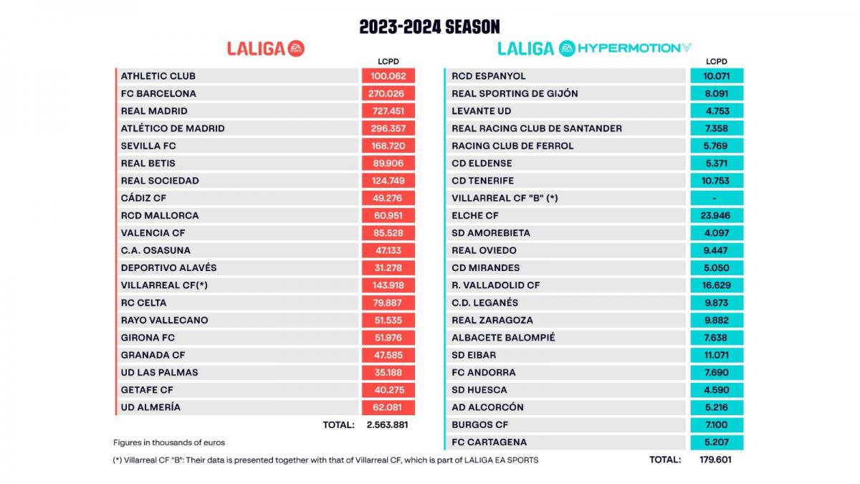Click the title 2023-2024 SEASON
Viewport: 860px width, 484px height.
click(429, 27)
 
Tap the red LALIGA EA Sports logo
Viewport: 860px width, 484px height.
click(266, 48)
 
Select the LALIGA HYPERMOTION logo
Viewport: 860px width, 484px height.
click(594, 48)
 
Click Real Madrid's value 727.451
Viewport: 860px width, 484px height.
click(388, 111)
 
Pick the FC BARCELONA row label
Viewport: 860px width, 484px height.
click(158, 93)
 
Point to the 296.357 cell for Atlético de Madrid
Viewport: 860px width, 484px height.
click(388, 128)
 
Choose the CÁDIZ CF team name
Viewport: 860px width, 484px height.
click(143, 198)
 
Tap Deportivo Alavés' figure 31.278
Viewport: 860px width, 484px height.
click(388, 267)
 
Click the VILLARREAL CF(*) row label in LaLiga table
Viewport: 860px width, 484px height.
click(164, 285)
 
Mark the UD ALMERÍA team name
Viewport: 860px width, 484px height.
click(150, 407)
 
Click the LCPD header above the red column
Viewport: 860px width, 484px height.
click(388, 62)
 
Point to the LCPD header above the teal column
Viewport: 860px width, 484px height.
click(716, 62)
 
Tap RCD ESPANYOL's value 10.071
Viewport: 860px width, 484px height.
click(716, 76)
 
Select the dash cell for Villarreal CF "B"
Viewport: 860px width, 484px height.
click(716, 198)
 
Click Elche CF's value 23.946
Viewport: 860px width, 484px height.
click(716, 215)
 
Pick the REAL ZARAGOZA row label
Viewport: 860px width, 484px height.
click(492, 320)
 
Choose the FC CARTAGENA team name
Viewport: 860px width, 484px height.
click(489, 442)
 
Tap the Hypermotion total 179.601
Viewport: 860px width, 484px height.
click(716, 460)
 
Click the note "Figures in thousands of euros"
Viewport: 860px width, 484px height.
click(169, 442)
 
